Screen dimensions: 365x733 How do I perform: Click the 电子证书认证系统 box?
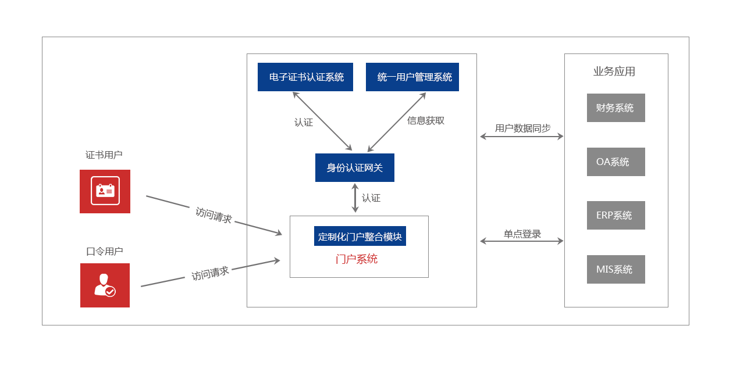[305, 77]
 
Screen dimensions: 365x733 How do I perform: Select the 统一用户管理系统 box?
[412, 77]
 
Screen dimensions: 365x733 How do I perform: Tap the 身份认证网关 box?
[355, 167]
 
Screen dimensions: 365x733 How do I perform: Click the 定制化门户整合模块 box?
[360, 236]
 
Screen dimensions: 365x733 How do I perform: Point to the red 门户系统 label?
[357, 259]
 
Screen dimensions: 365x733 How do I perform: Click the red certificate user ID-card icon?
[105, 191]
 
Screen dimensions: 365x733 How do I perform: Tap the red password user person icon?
[105, 285]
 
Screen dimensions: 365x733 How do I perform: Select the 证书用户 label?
[104, 155]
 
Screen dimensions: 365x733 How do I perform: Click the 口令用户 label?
[105, 251]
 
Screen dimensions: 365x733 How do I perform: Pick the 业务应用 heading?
[614, 71]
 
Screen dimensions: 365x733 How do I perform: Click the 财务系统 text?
[615, 108]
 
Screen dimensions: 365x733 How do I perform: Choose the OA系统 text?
[613, 162]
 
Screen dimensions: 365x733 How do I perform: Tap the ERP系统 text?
[614, 215]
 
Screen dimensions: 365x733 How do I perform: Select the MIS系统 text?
[614, 269]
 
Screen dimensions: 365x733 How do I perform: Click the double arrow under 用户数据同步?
[522, 137]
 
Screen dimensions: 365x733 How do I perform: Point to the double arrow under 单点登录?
[522, 241]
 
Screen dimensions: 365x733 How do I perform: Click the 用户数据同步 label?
[522, 128]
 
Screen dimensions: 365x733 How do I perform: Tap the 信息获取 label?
[426, 120]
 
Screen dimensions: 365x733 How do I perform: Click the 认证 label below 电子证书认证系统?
[304, 122]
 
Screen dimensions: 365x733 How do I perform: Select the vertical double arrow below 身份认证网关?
[355, 198]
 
